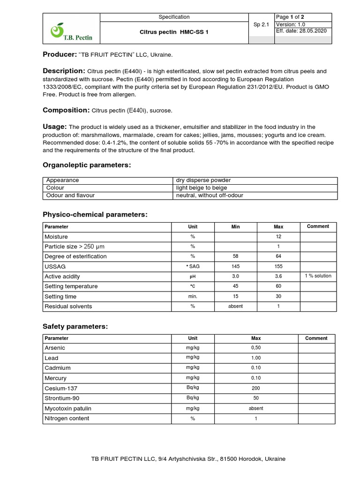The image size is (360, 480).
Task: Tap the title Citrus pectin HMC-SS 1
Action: (x=174, y=31)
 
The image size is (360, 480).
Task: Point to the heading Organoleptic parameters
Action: (x=87, y=165)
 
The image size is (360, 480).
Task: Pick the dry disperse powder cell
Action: (x=203, y=180)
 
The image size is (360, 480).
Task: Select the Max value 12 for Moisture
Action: (x=278, y=237)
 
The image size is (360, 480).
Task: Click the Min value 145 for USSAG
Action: (x=235, y=266)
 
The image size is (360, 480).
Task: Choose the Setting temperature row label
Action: (x=71, y=286)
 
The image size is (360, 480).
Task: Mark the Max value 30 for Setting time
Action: (x=278, y=296)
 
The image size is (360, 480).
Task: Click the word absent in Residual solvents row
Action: (x=235, y=307)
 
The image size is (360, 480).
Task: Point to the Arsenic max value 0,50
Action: (x=256, y=348)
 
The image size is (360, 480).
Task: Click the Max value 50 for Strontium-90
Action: (x=256, y=398)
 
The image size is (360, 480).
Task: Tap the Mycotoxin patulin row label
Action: (x=68, y=408)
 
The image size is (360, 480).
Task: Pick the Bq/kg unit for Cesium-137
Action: (x=193, y=388)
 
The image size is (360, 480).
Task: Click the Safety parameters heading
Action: (x=75, y=326)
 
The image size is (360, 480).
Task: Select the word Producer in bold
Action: (x=60, y=55)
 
